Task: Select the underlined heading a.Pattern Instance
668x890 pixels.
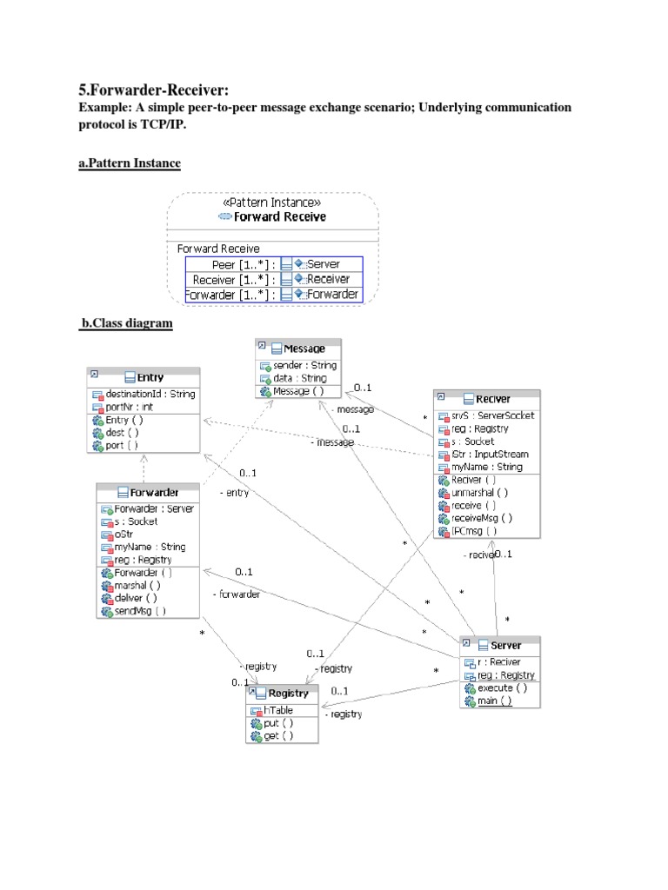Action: point(130,163)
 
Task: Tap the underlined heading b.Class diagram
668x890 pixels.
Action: point(127,323)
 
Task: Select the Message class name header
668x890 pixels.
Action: point(297,349)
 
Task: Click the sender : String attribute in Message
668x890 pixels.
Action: point(299,365)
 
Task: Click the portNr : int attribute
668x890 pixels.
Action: point(130,406)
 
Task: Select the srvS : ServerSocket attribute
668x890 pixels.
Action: point(492,415)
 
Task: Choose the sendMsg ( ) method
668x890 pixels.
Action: point(139,611)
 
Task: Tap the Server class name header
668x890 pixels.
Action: point(504,645)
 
